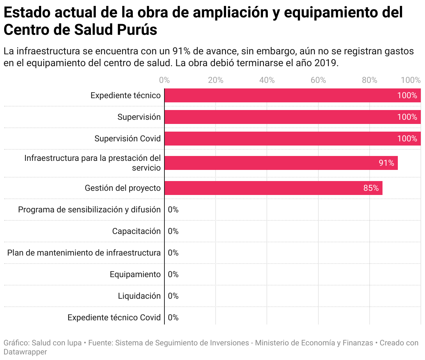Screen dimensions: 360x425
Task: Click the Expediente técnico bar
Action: coord(279,95)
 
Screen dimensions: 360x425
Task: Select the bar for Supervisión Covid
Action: coord(279,139)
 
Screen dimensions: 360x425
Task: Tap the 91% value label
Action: coord(386,163)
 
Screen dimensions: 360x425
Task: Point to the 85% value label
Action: coord(371,188)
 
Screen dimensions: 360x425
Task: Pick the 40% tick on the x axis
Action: coord(267,80)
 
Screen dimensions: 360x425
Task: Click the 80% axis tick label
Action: coord(369,80)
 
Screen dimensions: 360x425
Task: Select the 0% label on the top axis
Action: coord(164,80)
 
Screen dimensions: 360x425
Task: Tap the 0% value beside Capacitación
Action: coord(173,231)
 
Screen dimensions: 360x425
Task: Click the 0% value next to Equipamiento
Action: coord(173,274)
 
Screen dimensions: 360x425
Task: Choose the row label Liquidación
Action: coord(139,296)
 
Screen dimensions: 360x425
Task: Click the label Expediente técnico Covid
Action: coord(114,318)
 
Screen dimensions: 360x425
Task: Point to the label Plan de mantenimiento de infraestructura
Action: coord(84,253)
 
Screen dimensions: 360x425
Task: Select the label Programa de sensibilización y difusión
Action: coord(89,210)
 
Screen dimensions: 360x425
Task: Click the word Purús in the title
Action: coord(137,30)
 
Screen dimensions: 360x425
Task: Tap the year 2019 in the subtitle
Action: coord(326,63)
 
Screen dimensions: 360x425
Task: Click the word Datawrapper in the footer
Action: coord(25,352)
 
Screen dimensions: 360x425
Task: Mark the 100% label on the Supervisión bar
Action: coord(407,117)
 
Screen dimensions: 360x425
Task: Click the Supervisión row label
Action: coord(139,117)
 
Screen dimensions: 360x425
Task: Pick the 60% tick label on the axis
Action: coord(318,80)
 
